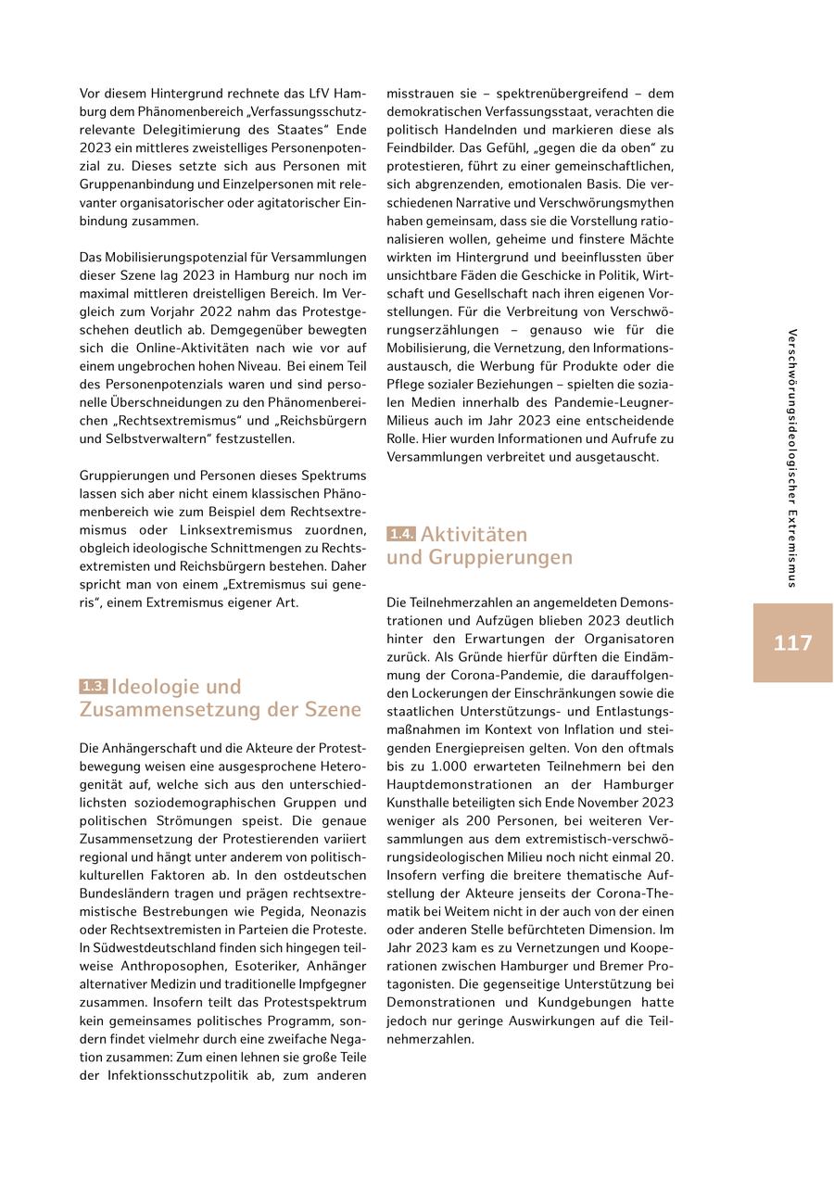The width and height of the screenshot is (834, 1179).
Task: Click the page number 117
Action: coord(792,642)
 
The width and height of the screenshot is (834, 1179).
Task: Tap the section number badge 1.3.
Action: coord(93,687)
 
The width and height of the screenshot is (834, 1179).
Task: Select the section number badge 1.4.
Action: coord(401,535)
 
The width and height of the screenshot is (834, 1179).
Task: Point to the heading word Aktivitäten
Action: coord(474,535)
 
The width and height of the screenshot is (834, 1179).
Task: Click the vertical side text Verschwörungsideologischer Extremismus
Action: coord(793,458)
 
